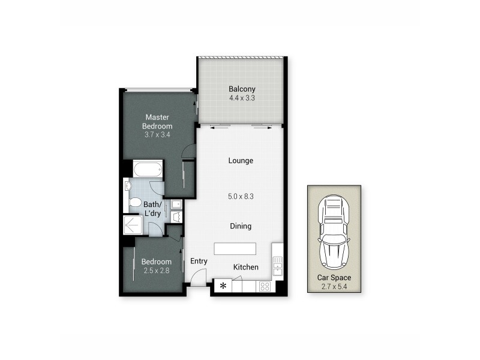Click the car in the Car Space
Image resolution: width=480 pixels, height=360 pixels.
(335, 233)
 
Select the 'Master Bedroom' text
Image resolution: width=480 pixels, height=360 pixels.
(157, 122)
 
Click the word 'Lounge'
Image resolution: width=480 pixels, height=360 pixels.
(241, 161)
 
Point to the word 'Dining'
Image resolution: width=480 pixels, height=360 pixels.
(240, 226)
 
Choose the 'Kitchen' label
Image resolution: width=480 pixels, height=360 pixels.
(245, 267)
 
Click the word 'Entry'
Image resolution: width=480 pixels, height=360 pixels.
(199, 261)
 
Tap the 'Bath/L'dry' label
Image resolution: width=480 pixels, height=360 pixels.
(151, 209)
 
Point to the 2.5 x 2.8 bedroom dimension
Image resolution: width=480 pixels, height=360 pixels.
(156, 270)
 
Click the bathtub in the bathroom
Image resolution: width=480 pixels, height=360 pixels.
(148, 169)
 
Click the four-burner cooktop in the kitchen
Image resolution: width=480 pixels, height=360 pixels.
(264, 286)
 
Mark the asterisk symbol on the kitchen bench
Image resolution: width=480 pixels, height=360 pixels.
(223, 286)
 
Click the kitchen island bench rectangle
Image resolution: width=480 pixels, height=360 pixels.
(235, 248)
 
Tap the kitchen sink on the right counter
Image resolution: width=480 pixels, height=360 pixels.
(277, 263)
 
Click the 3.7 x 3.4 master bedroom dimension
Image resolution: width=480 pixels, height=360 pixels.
(157, 134)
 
